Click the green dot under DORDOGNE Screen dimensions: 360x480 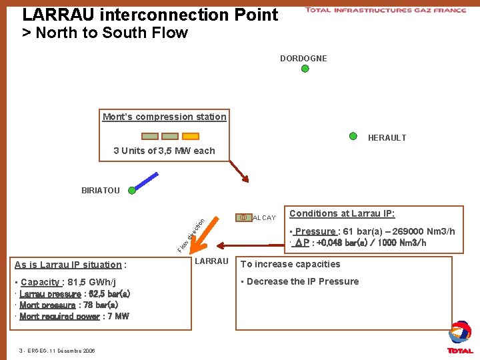(x=305, y=68)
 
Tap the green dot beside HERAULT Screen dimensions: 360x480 (x=353, y=136)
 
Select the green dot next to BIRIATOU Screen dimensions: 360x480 (x=132, y=190)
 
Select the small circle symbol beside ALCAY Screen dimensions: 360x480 (x=243, y=217)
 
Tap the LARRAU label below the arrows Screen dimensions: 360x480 (x=211, y=261)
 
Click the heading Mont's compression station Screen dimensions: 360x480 (x=164, y=117)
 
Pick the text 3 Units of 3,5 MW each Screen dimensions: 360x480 (x=164, y=151)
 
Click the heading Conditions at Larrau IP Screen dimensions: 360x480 (x=342, y=213)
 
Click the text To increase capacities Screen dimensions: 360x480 (x=290, y=264)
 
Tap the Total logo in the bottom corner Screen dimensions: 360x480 (x=460, y=337)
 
